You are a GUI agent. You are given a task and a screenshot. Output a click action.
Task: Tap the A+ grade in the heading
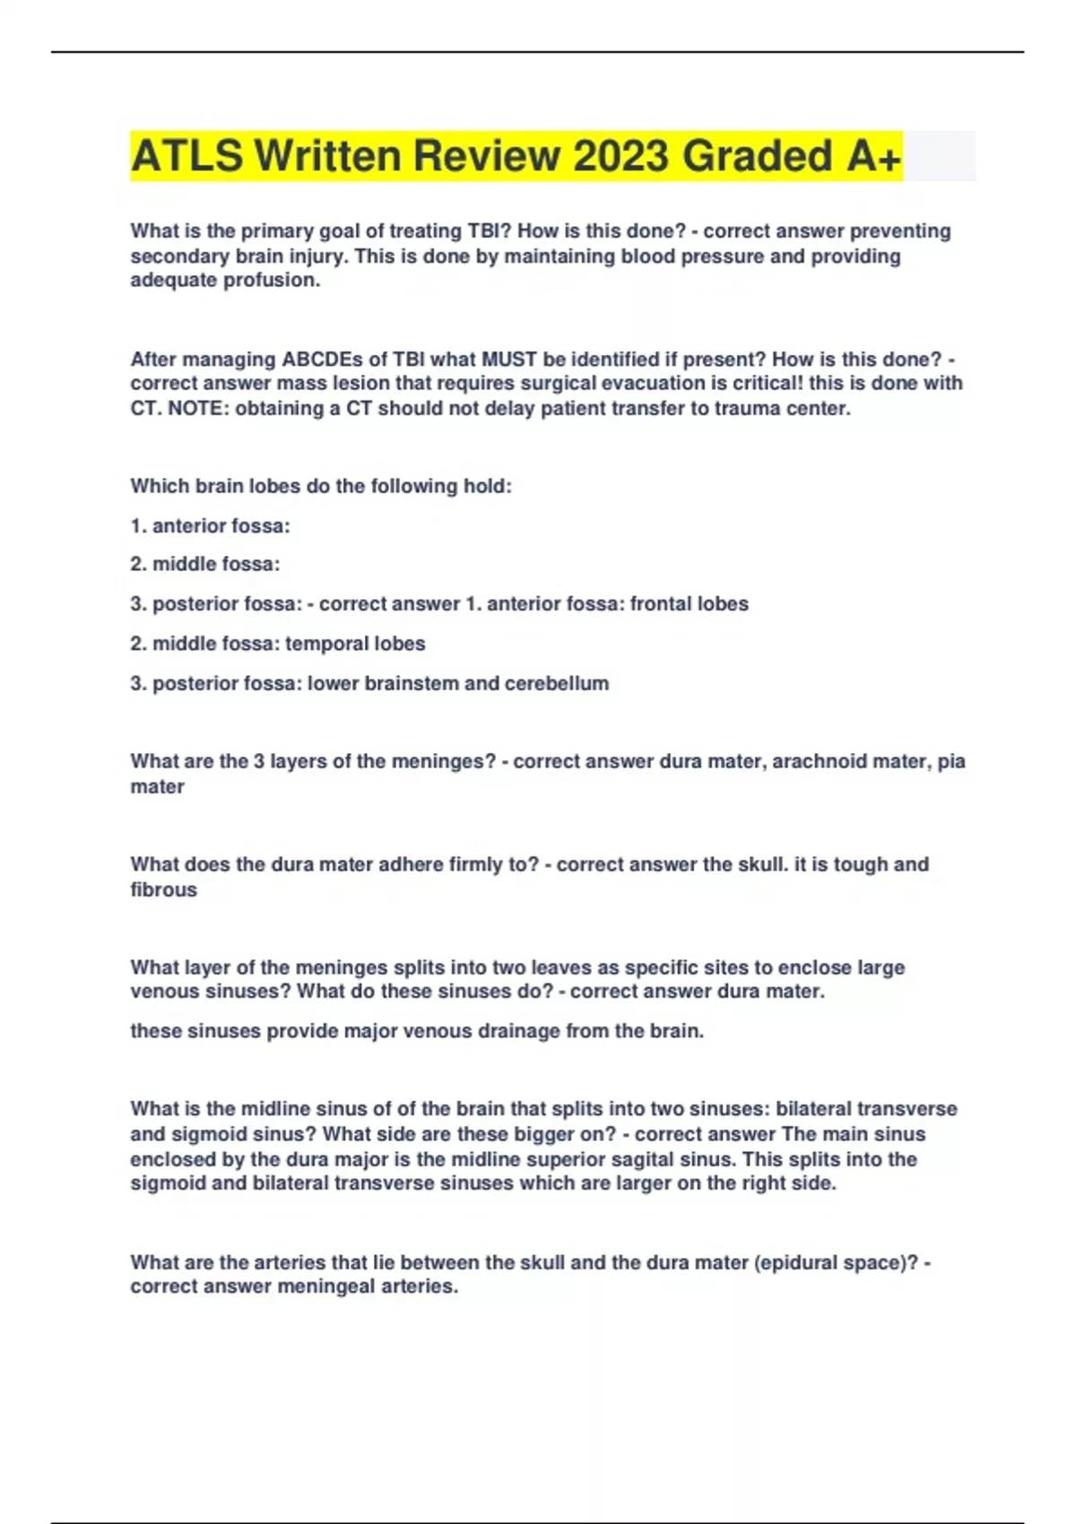click(x=872, y=156)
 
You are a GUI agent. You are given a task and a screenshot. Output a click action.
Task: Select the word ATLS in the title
click(x=186, y=156)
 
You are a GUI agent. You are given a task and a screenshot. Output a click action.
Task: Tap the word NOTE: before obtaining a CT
click(x=197, y=409)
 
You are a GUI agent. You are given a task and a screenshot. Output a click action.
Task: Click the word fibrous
click(x=163, y=890)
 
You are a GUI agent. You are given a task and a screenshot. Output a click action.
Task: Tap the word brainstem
click(x=407, y=683)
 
